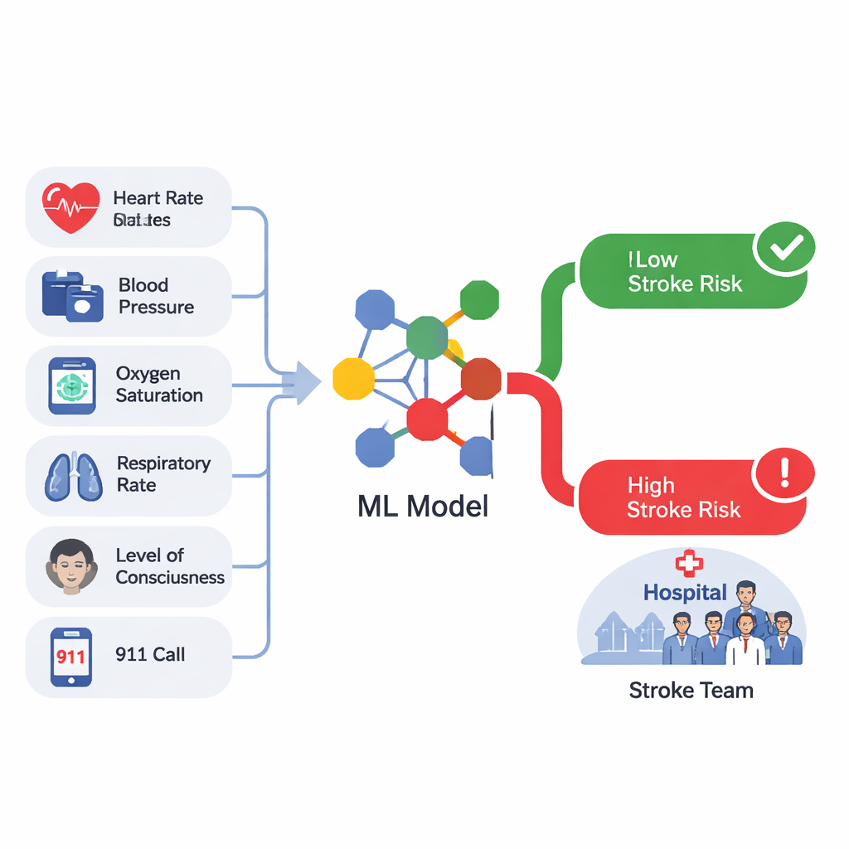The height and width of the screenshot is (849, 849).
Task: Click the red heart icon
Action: (70, 207)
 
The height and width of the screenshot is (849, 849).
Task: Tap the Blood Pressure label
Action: (156, 296)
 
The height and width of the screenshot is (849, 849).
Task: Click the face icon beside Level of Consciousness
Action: (70, 565)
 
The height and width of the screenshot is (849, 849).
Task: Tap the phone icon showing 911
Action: (71, 656)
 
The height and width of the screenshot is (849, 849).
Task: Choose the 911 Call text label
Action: (150, 654)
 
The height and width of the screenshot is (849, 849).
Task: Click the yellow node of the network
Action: (354, 378)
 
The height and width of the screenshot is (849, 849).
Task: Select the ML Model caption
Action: (423, 506)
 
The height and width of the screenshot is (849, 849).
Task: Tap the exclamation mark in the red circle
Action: (784, 474)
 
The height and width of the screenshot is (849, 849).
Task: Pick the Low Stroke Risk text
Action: (685, 272)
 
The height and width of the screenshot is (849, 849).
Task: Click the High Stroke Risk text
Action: (683, 497)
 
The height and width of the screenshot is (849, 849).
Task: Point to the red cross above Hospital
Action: (688, 564)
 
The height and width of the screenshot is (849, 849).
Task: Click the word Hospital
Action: (685, 593)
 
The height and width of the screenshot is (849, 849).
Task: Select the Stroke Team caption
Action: (691, 690)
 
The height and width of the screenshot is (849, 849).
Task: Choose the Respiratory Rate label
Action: (163, 474)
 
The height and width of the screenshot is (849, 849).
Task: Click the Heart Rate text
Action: (158, 198)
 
